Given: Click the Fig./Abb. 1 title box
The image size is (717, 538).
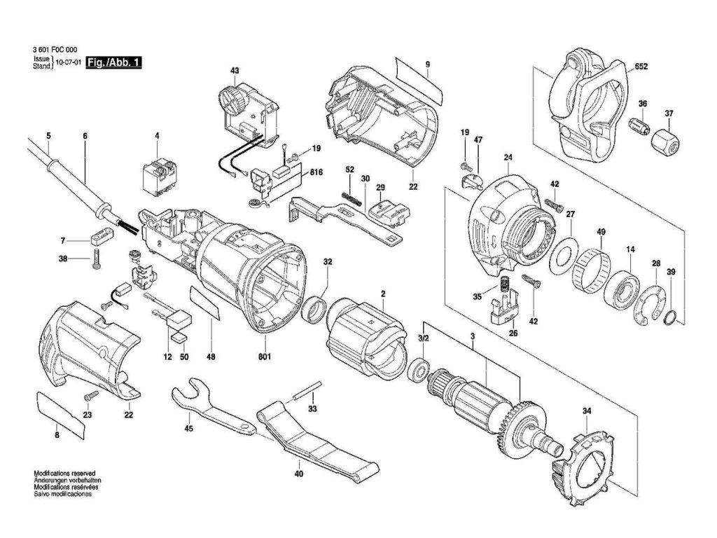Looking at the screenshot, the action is (x=114, y=62).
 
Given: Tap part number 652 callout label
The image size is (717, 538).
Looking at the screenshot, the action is (x=641, y=67).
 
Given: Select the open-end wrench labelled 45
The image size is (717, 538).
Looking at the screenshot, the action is (x=213, y=405).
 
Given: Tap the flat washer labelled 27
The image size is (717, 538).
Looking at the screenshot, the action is (x=564, y=256).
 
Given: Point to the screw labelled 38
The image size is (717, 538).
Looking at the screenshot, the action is (x=96, y=259).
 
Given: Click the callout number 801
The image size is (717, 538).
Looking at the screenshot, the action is (x=265, y=357).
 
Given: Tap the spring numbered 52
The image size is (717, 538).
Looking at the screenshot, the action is (x=353, y=200).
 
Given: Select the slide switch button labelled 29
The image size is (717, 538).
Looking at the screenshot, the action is (x=388, y=214).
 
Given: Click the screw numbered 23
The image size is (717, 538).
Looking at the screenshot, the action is (x=91, y=395).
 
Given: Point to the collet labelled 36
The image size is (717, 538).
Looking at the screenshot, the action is (x=639, y=127).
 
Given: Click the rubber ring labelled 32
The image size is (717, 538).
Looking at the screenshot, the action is (x=314, y=312).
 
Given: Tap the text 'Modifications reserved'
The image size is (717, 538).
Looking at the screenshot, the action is (x=65, y=474).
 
